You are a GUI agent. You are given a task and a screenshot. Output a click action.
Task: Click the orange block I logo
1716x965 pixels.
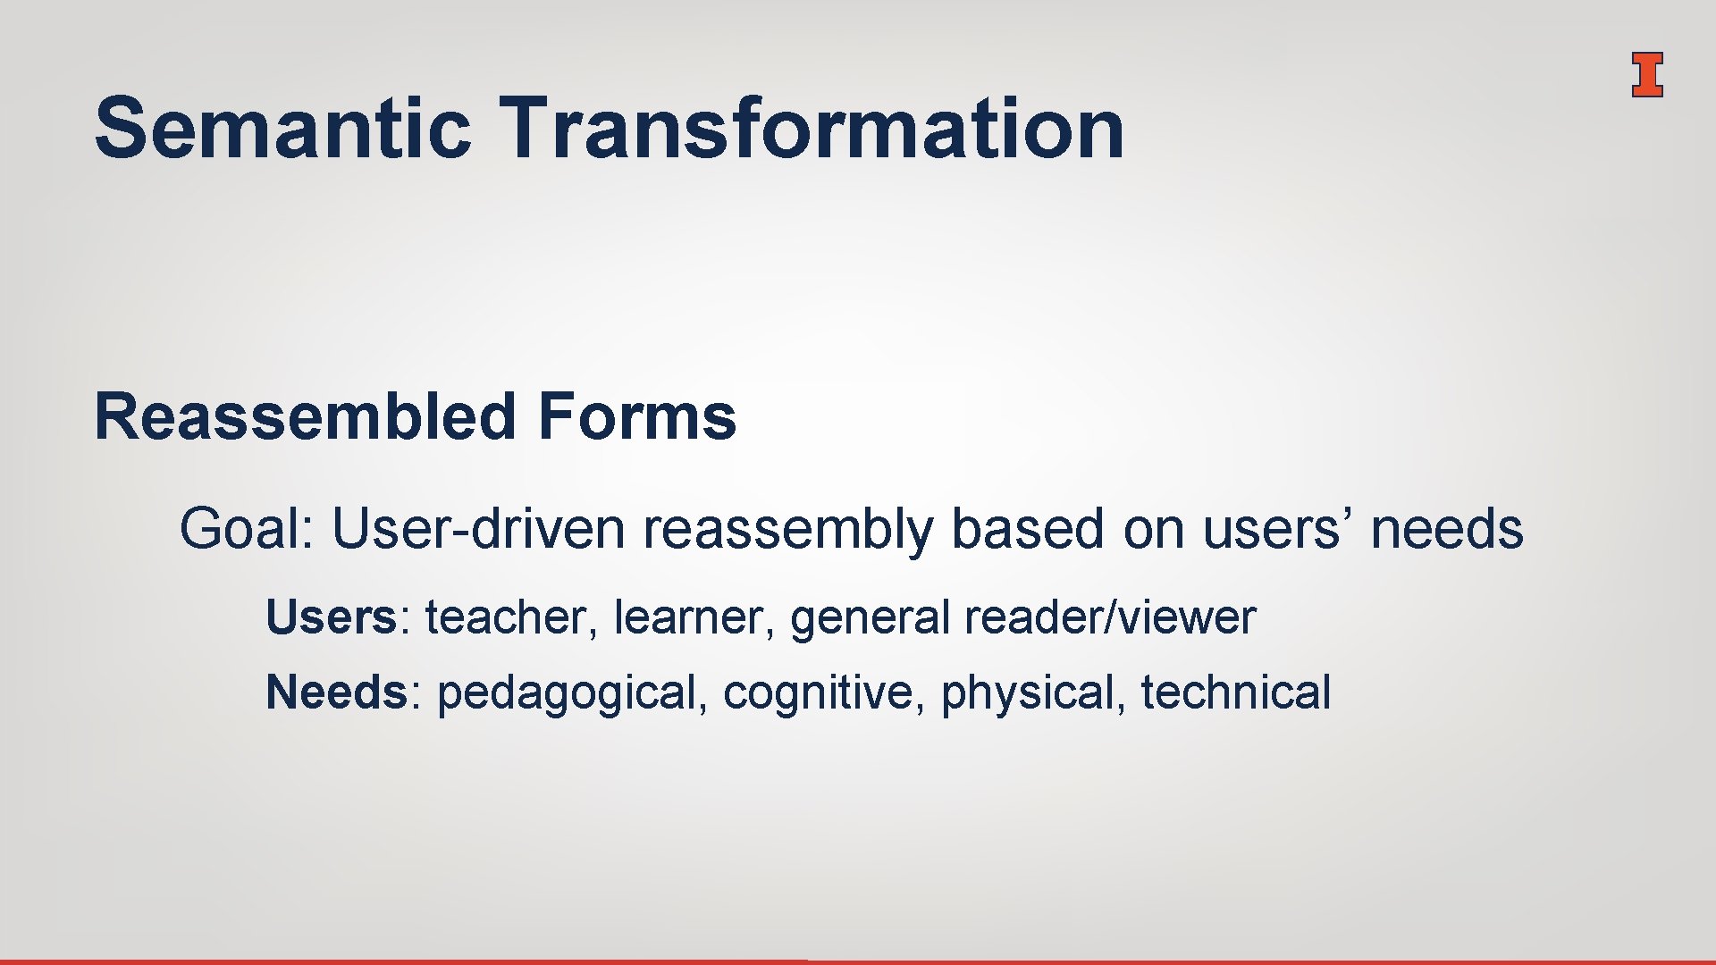click(1646, 74)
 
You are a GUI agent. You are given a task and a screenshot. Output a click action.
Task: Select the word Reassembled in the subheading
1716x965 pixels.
click(305, 416)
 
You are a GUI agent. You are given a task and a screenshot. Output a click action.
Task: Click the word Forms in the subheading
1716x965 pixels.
click(637, 416)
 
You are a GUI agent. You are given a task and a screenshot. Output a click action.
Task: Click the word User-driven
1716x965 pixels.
click(478, 528)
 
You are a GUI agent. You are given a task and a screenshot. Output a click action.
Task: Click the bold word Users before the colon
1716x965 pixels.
click(331, 617)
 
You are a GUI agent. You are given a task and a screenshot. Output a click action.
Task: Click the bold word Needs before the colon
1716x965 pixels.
click(336, 692)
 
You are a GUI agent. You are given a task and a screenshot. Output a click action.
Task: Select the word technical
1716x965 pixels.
click(1235, 692)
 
